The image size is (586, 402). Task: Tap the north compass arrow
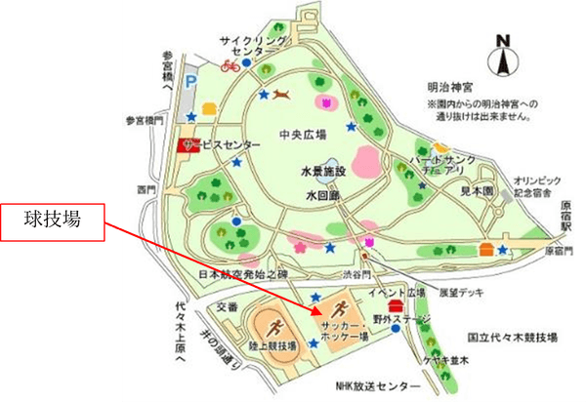coord(503,59)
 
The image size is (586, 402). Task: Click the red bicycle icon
coord(230,65)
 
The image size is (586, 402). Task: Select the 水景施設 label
coord(325,172)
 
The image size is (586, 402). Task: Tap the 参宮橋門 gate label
coord(145,121)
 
